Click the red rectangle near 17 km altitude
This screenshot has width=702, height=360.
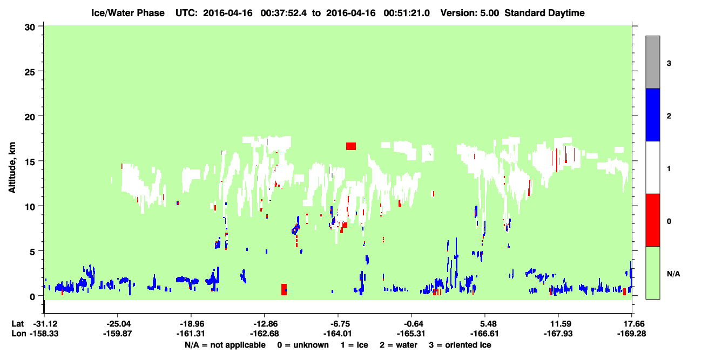(x=350, y=146)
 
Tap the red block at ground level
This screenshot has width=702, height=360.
(x=284, y=289)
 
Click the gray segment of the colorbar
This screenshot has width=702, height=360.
(x=652, y=62)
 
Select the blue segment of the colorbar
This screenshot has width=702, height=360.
(x=652, y=114)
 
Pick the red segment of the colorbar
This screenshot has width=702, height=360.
(x=652, y=220)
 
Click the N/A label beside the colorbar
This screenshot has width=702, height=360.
(x=673, y=274)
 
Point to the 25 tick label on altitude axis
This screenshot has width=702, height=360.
(x=30, y=72)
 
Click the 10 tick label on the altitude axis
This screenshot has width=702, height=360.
(x=30, y=207)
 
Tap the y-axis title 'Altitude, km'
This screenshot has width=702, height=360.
(x=12, y=168)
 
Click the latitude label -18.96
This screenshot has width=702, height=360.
(x=191, y=324)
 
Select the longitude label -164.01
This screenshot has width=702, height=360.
(x=338, y=334)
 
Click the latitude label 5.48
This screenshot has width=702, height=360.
(x=485, y=324)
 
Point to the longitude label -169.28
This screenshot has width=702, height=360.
(x=631, y=334)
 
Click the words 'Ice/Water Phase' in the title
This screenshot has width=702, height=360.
(x=128, y=13)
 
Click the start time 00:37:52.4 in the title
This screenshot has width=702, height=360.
(x=283, y=13)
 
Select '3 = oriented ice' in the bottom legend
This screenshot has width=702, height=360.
(x=460, y=345)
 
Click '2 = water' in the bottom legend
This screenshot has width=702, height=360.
(x=399, y=345)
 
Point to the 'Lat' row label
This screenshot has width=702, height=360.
(x=18, y=324)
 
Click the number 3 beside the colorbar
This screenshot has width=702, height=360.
(x=669, y=64)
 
